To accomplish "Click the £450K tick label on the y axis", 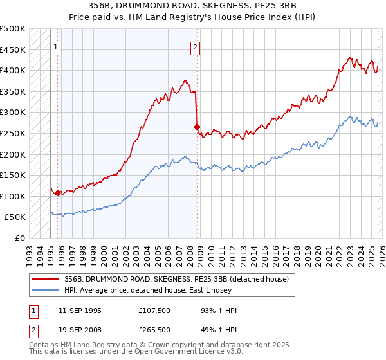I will point(13,50).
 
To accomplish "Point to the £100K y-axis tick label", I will point(13,196).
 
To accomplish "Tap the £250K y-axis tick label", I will point(13,133).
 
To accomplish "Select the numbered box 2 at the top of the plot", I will point(195,46).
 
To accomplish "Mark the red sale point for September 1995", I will point(58,193).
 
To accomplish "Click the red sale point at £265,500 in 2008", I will point(197,127).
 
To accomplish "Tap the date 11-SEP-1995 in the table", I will point(78,310).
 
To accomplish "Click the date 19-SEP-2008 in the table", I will point(78,329).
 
